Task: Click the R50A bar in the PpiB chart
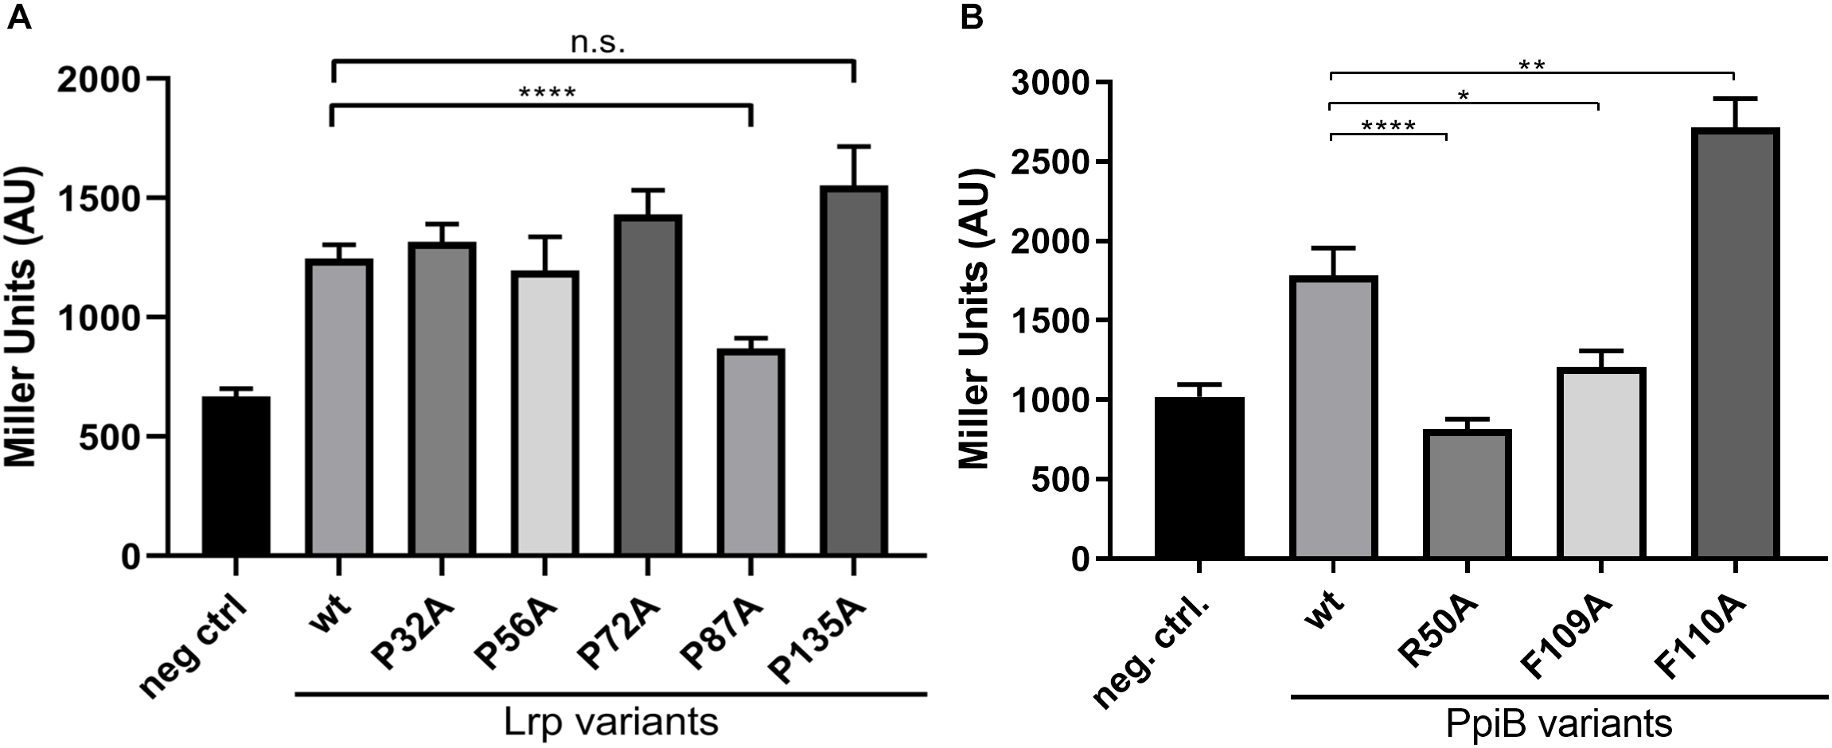click(1466, 493)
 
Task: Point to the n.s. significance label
click(598, 43)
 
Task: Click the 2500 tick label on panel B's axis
click(1048, 162)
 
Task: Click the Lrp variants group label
click(611, 723)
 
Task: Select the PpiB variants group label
click(1559, 724)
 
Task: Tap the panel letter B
click(972, 17)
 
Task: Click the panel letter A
click(18, 17)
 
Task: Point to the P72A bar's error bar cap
click(647, 190)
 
